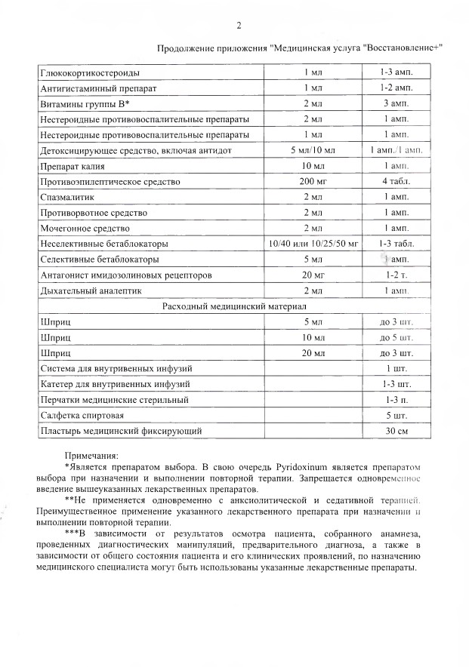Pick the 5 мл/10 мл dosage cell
[312, 151]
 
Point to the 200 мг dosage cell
[312, 182]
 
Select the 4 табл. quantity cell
[396, 182]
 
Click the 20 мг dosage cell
[312, 275]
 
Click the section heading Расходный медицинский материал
[234, 307]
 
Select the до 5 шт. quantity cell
[396, 337]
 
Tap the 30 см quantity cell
[396, 432]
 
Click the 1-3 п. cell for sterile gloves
[396, 400]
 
